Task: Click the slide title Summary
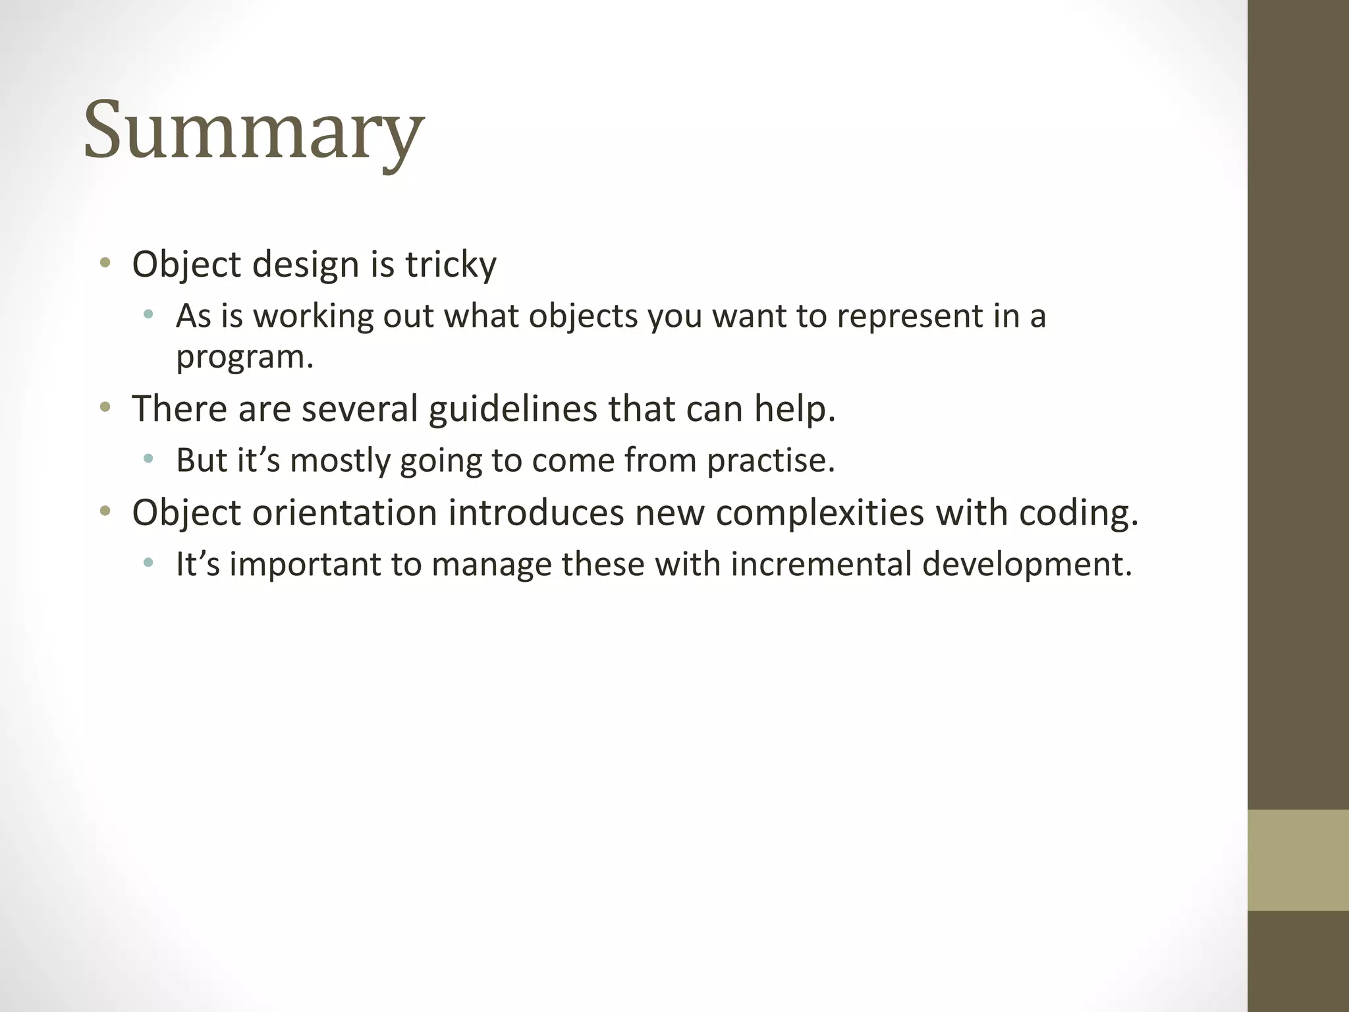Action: coord(254,130)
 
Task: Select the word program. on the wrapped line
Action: coord(244,358)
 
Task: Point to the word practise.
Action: coord(771,460)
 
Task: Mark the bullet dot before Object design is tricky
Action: coord(105,264)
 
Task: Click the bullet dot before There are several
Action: coord(105,408)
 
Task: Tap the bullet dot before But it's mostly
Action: coord(148,459)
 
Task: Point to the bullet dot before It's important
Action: coord(148,563)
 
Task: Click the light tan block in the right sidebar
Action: coord(1298,860)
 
